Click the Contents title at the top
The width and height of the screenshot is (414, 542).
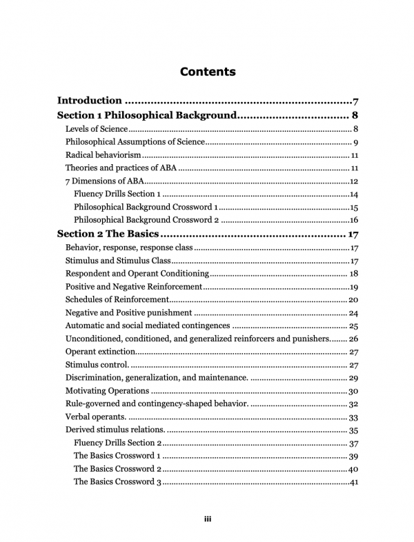pyautogui.click(x=207, y=72)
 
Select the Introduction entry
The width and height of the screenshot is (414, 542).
pyautogui.click(x=90, y=101)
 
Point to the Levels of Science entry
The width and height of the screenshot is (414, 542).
pyautogui.click(x=97, y=129)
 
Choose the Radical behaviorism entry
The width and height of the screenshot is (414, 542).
pyautogui.click(x=103, y=155)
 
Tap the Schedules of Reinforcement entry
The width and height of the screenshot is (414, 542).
pyautogui.click(x=117, y=300)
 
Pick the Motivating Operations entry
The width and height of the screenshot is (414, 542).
pyautogui.click(x=106, y=391)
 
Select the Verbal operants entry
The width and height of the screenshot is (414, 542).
pyautogui.click(x=95, y=417)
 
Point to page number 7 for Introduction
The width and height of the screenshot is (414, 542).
pyautogui.click(x=354, y=101)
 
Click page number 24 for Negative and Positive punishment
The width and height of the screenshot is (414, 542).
pyautogui.click(x=352, y=313)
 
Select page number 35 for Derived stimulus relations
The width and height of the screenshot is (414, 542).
pyautogui.click(x=352, y=430)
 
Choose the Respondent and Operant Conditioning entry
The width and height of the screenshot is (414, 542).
pyautogui.click(x=131, y=274)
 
